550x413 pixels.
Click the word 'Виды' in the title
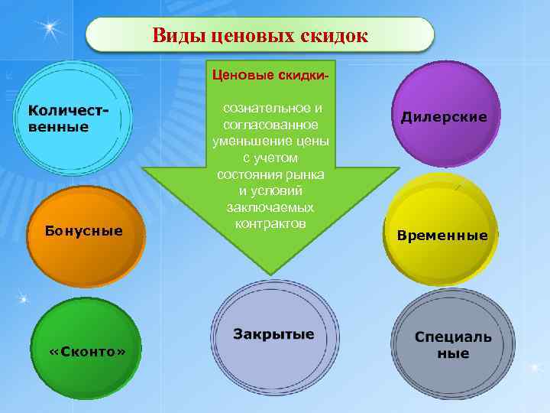(x=175, y=35)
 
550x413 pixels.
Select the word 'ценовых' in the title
(x=244, y=35)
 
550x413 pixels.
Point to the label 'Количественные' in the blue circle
(x=68, y=119)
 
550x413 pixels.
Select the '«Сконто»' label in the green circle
(x=87, y=351)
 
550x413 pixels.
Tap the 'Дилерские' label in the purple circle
(x=444, y=117)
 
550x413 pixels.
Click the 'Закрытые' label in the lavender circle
(x=273, y=335)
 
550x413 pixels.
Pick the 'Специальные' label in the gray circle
(x=453, y=345)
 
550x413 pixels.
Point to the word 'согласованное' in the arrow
(x=270, y=125)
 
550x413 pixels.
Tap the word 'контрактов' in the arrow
(x=270, y=223)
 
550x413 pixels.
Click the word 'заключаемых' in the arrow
(x=270, y=207)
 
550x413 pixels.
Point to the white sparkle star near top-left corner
(x=51, y=28)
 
